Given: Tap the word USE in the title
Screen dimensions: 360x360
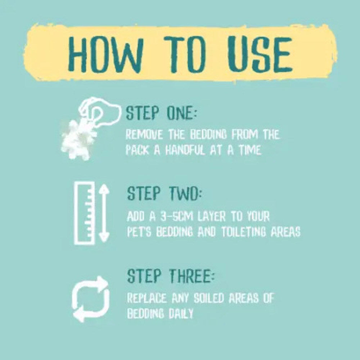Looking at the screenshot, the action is (x=260, y=54).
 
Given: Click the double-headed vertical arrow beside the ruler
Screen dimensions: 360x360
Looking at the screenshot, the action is (x=104, y=213).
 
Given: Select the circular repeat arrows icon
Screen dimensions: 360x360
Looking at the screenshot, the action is (x=90, y=299).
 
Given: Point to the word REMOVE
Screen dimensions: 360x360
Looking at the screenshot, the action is (x=145, y=134).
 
